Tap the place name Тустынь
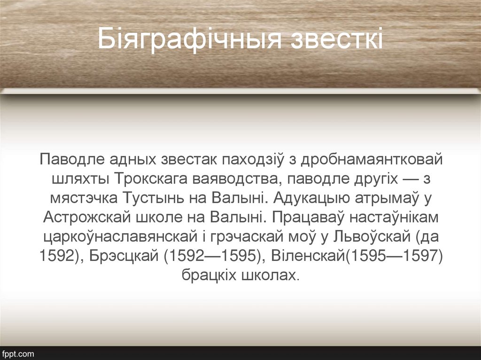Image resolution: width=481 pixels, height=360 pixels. click(154, 198)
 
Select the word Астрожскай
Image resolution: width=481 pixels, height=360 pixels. click(89, 217)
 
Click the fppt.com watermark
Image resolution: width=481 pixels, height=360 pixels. click(18, 353)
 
